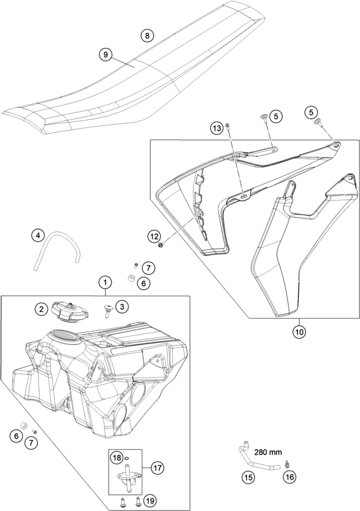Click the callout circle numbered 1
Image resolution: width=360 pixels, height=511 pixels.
pos(105,282)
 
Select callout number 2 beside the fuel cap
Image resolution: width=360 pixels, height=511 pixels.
pos(41,309)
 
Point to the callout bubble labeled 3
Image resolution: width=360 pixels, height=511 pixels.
pos(122,305)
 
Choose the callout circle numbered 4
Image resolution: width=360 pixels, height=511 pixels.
pos(39,236)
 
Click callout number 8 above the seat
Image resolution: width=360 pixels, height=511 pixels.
pos(147,35)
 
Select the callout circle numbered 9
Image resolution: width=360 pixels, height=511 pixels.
pos(107,54)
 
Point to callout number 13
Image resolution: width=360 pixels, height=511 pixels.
pos(218,128)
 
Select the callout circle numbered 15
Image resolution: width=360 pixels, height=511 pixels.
pos(247,476)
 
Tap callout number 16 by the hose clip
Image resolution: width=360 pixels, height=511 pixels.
pos(289,476)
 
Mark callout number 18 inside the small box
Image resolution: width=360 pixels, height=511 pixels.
pos(117,458)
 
